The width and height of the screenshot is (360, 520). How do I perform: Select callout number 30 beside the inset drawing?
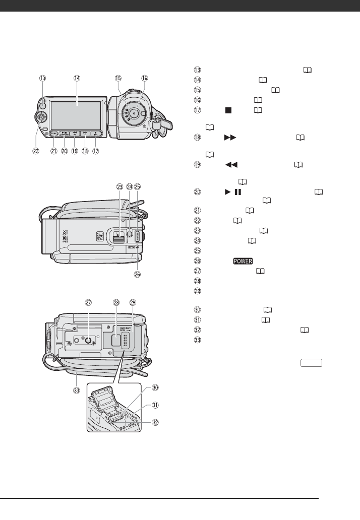(x=156, y=387)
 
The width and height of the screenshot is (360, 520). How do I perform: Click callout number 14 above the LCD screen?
(x=77, y=78)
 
